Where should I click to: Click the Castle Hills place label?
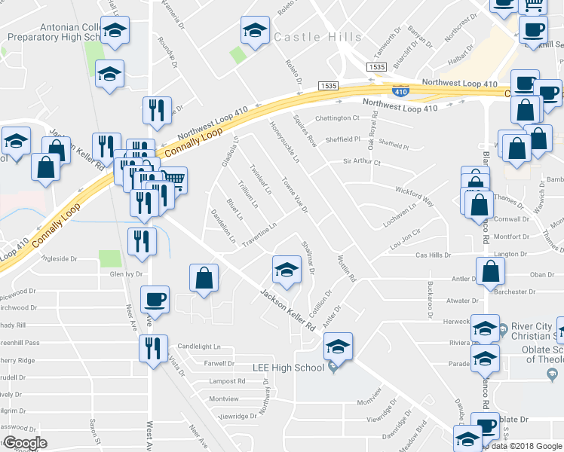[317, 36]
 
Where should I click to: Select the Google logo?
[24, 442]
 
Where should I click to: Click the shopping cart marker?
[174, 179]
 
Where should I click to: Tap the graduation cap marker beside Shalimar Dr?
[286, 269]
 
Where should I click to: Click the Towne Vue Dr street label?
[294, 194]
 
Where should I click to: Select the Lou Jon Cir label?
[405, 240]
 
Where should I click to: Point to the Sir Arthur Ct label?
[362, 162]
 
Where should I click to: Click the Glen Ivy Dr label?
[126, 275]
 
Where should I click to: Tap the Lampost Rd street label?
[227, 381]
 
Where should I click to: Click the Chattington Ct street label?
[337, 118]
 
